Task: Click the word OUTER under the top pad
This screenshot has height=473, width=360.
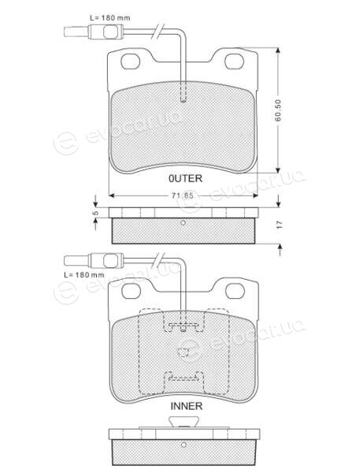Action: click(185, 179)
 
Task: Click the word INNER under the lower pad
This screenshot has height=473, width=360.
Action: click(187, 406)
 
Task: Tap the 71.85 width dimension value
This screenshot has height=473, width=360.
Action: click(183, 196)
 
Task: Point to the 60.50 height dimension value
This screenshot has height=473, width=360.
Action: click(278, 110)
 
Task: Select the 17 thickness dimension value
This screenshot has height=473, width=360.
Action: click(279, 225)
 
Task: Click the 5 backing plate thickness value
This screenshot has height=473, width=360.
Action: click(95, 213)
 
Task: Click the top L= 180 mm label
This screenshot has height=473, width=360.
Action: click(110, 18)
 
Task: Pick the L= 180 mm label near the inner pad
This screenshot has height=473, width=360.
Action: click(84, 275)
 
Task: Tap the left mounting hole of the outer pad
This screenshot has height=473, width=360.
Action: click(130, 61)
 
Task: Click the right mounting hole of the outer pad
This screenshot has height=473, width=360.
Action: click(234, 61)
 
